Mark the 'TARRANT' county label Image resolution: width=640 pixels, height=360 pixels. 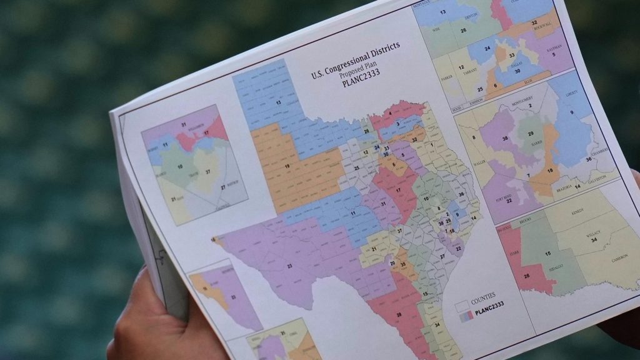coord(471,72)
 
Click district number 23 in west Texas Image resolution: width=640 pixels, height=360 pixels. coord(289,265)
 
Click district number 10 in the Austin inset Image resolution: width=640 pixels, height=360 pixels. coord(180,167)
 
